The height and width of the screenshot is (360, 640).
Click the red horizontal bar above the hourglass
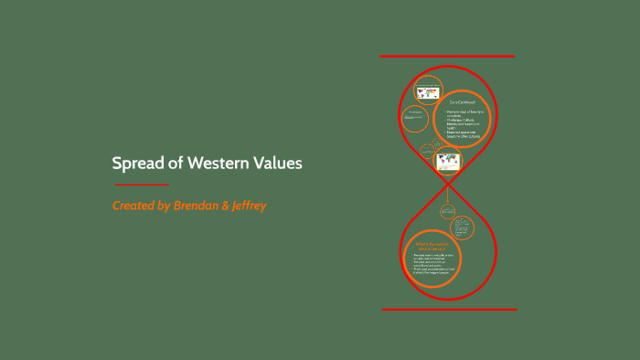pyautogui.click(x=447, y=57)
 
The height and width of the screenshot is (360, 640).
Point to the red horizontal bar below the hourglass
pyautogui.click(x=447, y=309)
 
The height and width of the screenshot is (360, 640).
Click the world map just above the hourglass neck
pyautogui.click(x=448, y=162)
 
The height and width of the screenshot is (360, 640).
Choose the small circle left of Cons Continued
pyautogui.click(x=415, y=118)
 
